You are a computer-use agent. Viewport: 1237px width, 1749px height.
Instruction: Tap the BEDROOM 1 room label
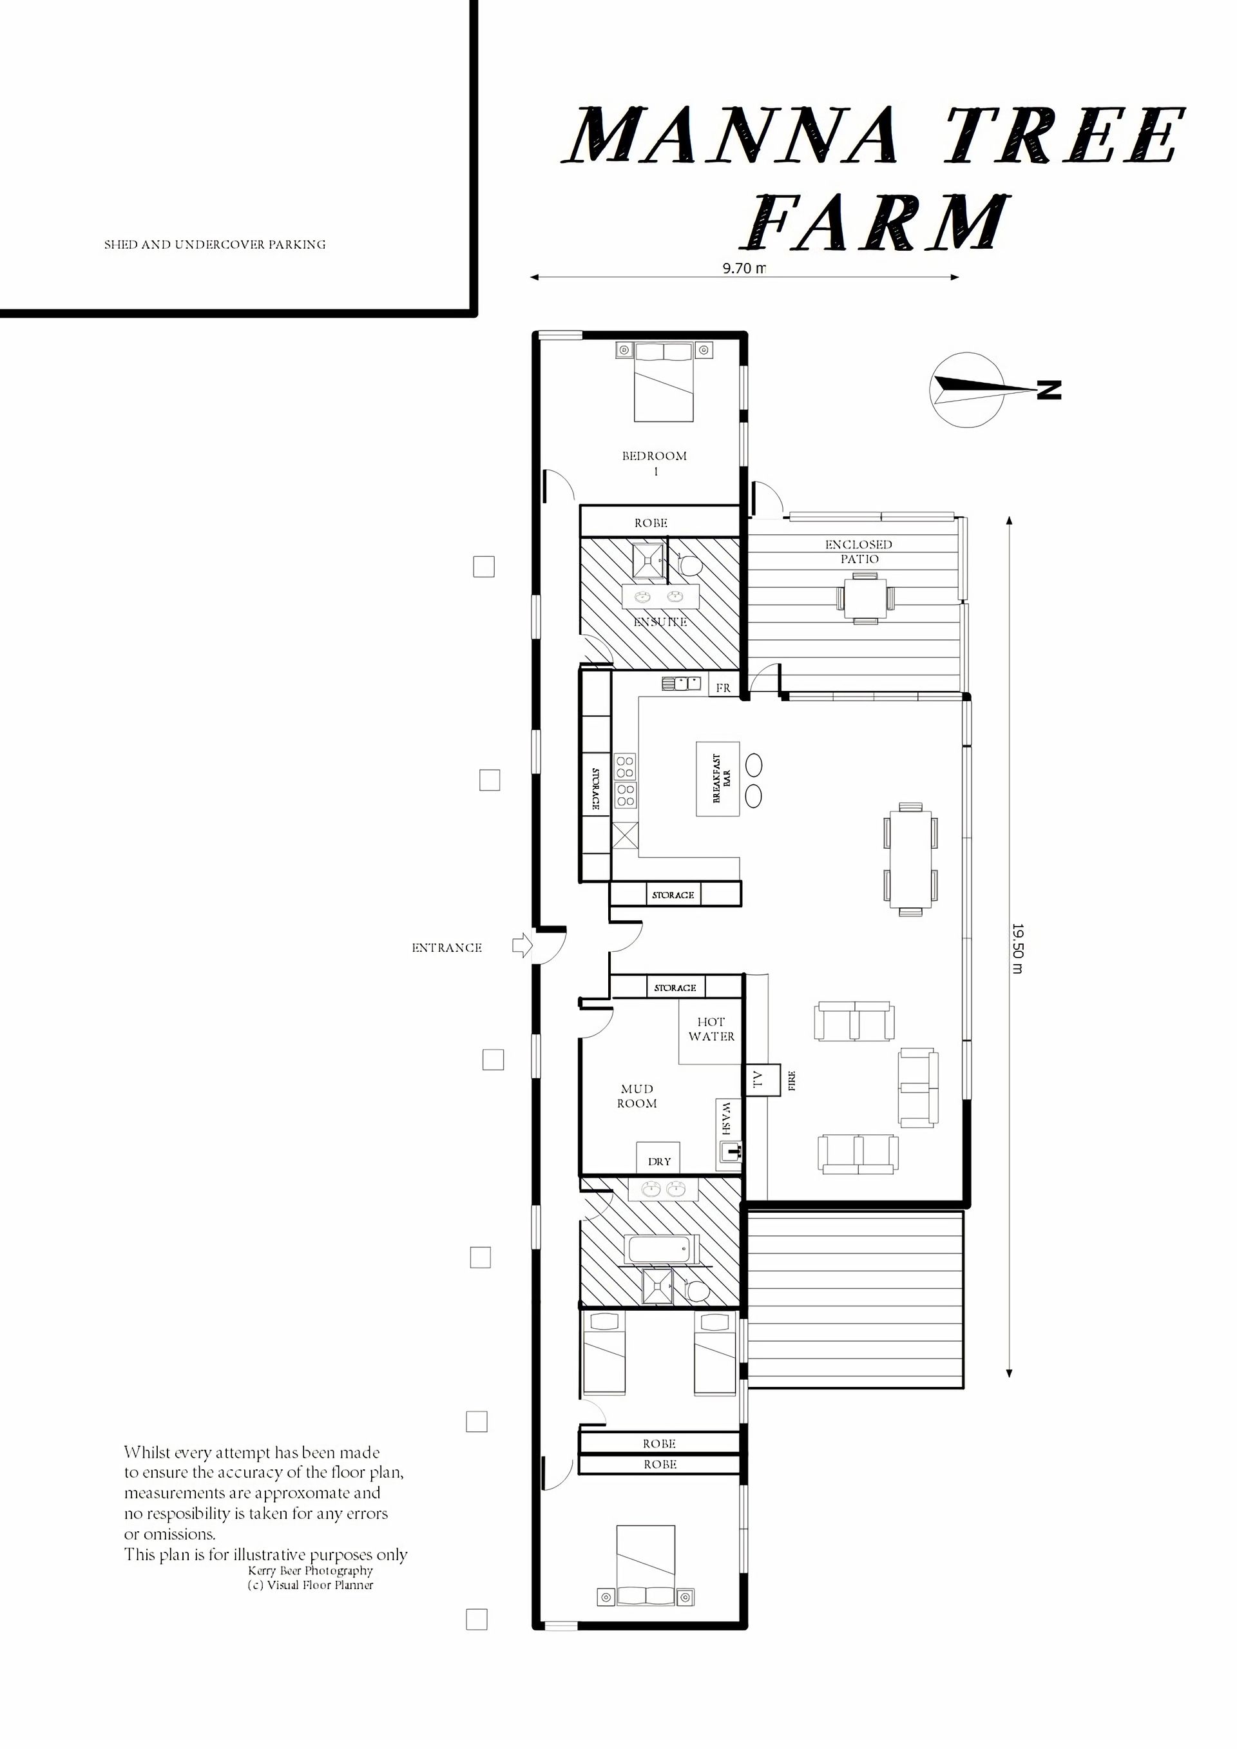coord(655,463)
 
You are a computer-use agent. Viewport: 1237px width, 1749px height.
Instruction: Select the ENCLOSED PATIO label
coord(858,552)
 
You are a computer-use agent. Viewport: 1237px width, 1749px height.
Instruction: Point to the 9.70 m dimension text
coord(744,268)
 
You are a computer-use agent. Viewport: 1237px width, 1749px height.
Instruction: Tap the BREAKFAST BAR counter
coord(718,779)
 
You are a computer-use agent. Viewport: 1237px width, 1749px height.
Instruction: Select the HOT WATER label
coord(711,1029)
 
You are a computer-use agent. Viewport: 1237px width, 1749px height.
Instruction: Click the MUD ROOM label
coord(637,1096)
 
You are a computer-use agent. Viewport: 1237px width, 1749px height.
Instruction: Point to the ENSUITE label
coord(660,623)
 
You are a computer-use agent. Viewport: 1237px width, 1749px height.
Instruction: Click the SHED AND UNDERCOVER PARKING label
coord(215,244)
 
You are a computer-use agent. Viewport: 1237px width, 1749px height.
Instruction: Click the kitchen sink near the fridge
coord(681,683)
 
